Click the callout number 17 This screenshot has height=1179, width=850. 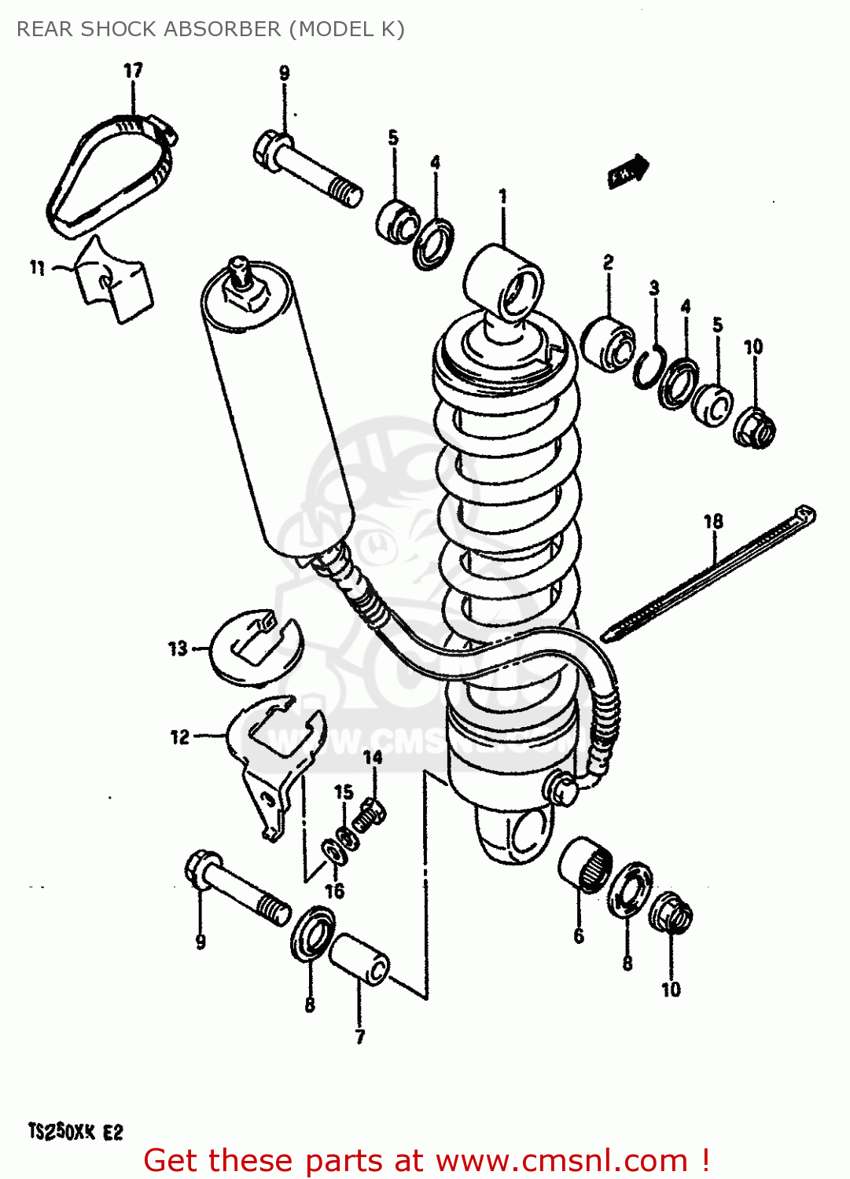point(133,70)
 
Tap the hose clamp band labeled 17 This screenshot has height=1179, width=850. point(110,174)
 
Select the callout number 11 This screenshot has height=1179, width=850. point(37,268)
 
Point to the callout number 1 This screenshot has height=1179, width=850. point(503,196)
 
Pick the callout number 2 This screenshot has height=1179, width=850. point(608,263)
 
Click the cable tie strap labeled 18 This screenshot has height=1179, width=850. point(708,575)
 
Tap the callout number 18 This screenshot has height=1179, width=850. point(712,521)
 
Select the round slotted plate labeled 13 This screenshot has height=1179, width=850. point(256,646)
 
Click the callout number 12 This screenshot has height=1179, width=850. point(180,736)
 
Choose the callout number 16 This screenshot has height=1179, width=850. point(335,891)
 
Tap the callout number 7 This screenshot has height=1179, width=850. point(359,1036)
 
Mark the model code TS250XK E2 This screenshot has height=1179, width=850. point(76,1132)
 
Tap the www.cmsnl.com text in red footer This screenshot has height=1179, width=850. point(561,1161)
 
